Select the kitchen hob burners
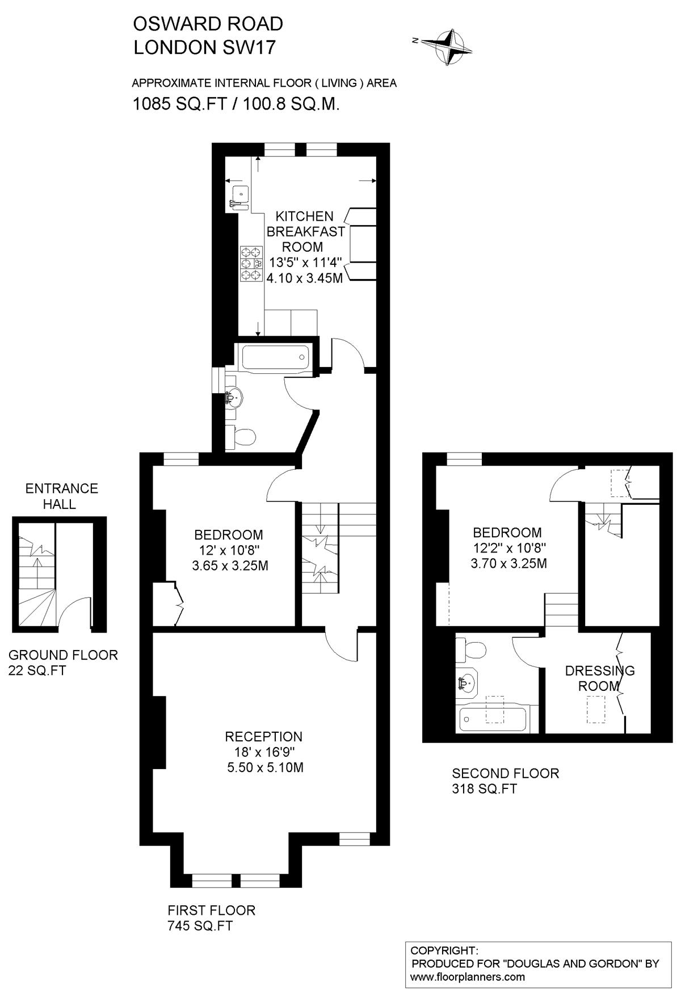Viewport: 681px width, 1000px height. [251, 264]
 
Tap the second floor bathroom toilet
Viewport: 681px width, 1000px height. [471, 649]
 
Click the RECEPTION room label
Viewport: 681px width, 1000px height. [263, 737]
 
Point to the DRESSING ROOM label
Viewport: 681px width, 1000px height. [599, 678]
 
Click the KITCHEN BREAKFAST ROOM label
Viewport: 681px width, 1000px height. [306, 231]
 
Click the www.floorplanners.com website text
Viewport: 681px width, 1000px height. [468, 977]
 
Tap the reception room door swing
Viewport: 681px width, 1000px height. [340, 647]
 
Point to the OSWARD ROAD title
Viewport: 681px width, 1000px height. [208, 24]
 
